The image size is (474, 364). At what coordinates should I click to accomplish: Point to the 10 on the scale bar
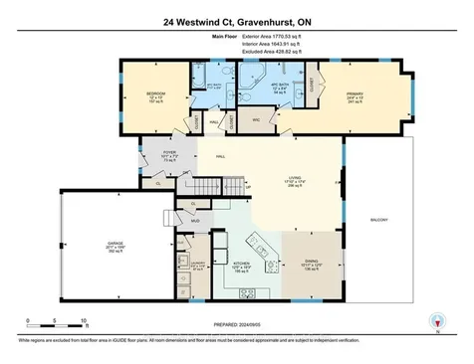point(84,320)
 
